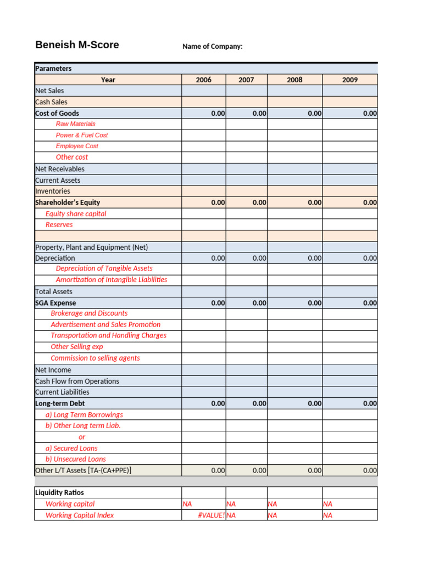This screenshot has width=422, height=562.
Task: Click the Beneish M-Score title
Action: coord(77,45)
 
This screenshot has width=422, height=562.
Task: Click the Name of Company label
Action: coord(212,47)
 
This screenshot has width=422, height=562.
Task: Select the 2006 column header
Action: coord(203,80)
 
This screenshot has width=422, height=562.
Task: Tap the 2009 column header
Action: coord(349,80)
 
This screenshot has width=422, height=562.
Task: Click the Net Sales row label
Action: coord(49,91)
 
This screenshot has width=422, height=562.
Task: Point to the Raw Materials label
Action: coord(75,124)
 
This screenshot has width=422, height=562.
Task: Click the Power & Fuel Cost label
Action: coord(82,135)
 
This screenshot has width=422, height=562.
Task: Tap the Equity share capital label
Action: coord(76,213)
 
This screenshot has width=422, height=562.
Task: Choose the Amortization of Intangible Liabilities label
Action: coord(112,280)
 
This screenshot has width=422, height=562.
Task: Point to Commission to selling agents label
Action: coord(95,358)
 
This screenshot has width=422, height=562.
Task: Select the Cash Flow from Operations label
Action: coord(77,381)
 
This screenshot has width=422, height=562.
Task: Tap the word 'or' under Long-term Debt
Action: coord(82,437)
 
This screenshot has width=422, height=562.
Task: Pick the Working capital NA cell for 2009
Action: coord(328,504)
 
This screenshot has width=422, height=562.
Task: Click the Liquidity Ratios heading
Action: coord(59,492)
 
